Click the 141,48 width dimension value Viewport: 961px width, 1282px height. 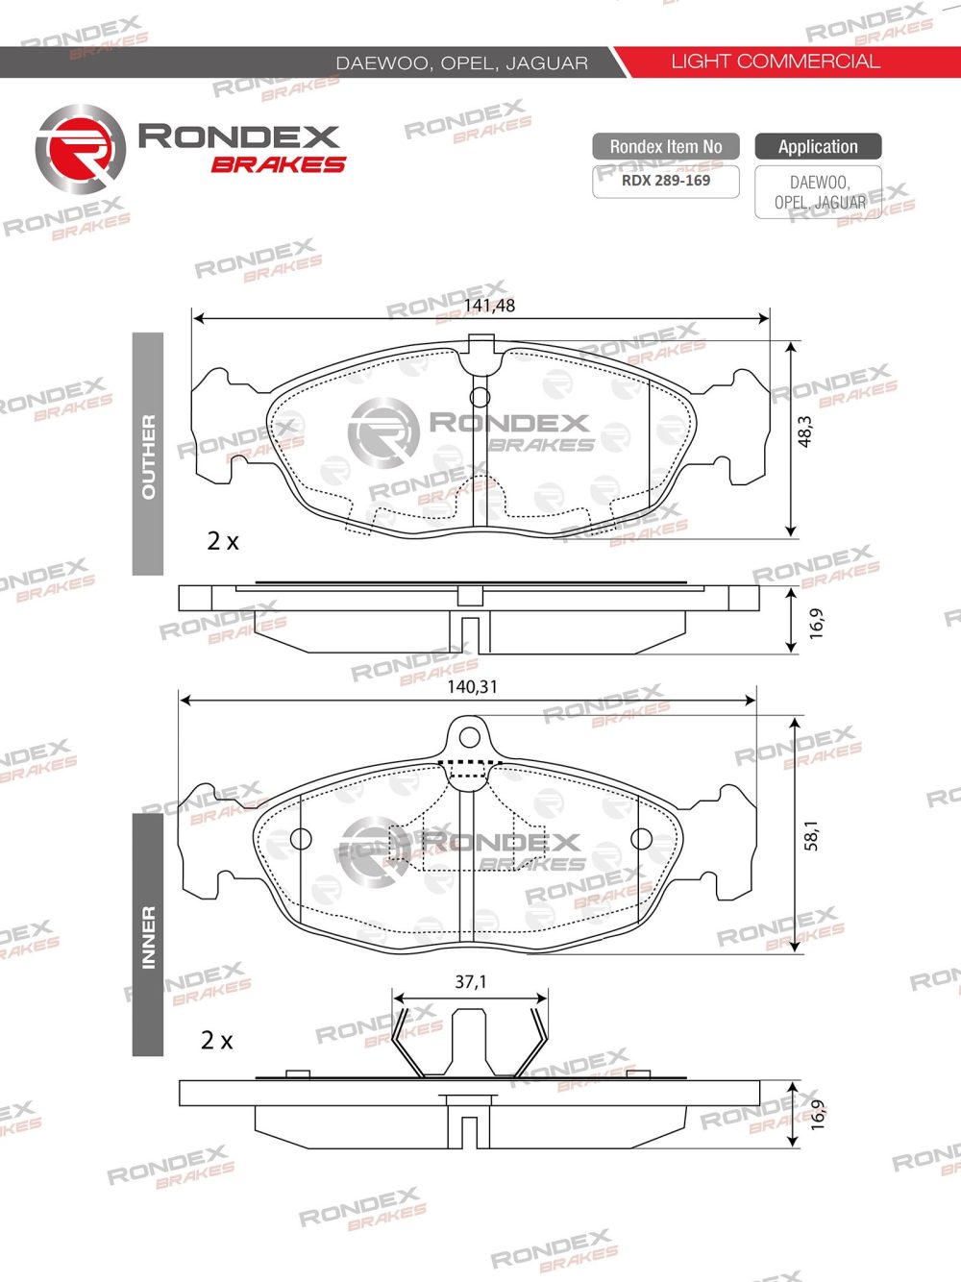[x=489, y=306]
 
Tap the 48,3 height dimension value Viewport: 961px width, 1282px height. [x=805, y=431]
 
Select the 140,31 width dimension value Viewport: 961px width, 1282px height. [x=472, y=687]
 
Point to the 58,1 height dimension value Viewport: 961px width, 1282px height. [x=811, y=834]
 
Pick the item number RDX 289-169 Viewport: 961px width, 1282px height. [x=666, y=180]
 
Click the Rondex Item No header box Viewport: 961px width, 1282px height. [x=666, y=147]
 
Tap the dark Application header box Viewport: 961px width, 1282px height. [x=818, y=147]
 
